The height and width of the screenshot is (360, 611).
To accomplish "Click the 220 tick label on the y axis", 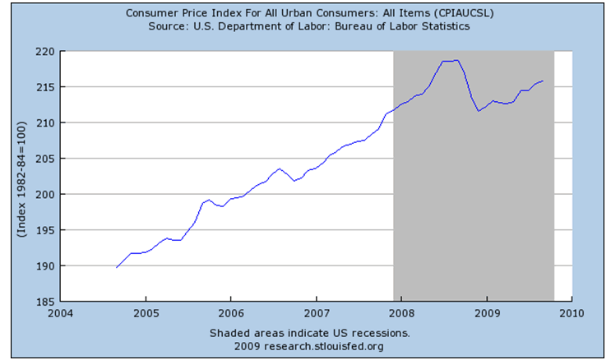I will [45, 51].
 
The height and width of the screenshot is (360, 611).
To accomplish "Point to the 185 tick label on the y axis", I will [45, 302].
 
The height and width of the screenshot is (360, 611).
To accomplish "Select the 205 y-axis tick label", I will [45, 159].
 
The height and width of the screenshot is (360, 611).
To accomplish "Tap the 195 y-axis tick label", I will [45, 230].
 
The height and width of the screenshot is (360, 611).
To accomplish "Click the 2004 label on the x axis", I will [60, 313].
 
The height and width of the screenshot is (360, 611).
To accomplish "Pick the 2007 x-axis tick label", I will [317, 313].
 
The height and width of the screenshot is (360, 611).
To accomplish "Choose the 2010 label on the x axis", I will [572, 313].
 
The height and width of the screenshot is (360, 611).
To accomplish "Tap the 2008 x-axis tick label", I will [401, 313].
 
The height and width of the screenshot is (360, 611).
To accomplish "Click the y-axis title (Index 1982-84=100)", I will [19, 177].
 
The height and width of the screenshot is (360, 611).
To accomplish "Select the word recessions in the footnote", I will [381, 333].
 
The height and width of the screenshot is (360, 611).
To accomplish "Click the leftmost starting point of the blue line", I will [117, 267].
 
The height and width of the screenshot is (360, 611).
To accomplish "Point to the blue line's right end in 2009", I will [543, 81].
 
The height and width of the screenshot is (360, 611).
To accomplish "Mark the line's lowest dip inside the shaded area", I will [479, 111].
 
